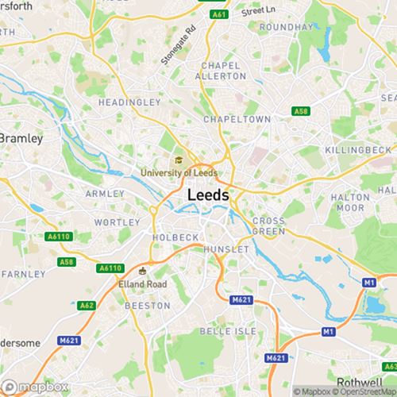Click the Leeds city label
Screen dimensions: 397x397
(x=209, y=195)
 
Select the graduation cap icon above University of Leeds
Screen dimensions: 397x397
(x=179, y=160)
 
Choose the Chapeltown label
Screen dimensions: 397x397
(x=237, y=118)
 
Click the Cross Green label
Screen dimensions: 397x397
(x=268, y=225)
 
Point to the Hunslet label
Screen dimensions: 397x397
(x=226, y=249)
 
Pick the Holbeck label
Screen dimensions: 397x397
(x=175, y=237)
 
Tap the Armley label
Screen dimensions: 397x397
(x=105, y=193)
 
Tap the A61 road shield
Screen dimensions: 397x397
(x=217, y=13)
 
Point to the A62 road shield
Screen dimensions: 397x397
(x=87, y=305)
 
